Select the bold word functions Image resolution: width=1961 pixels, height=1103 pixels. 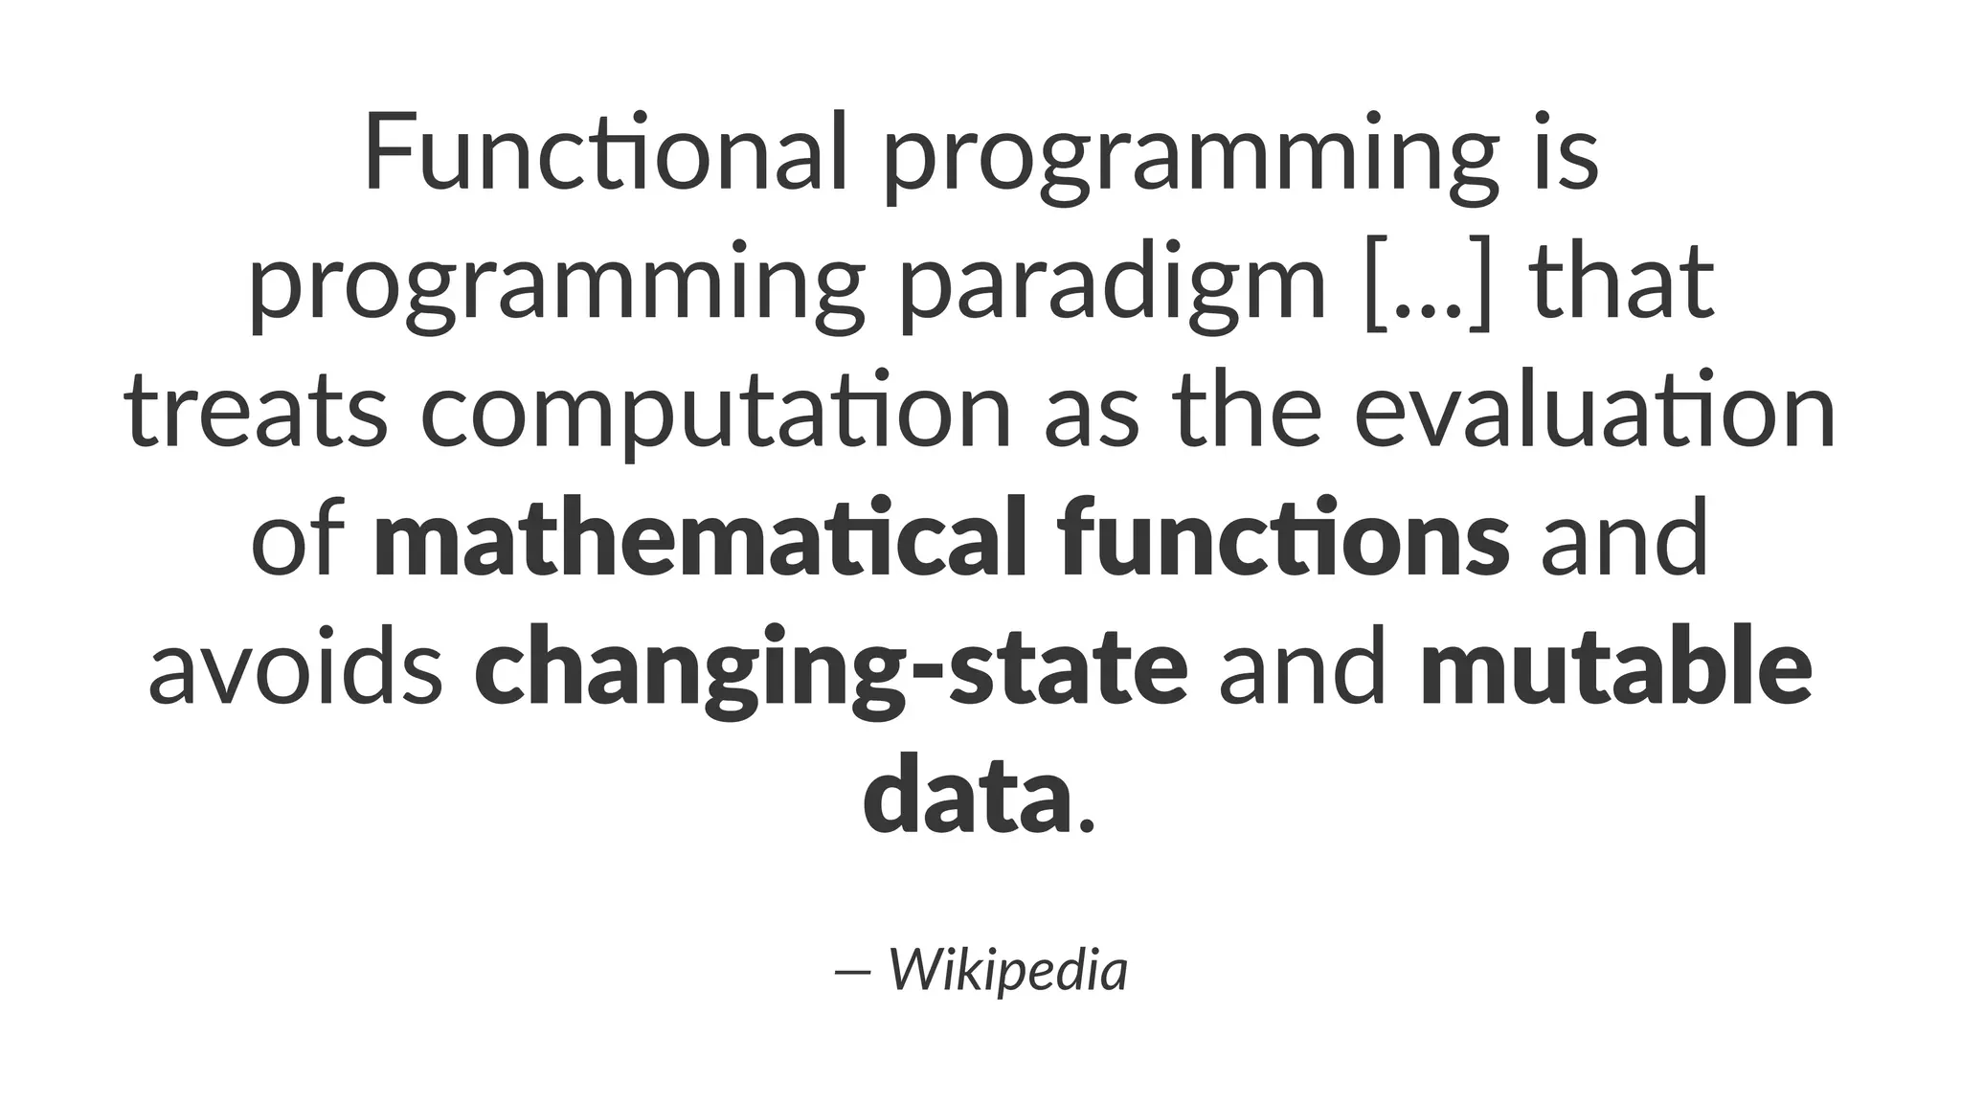click(x=1284, y=538)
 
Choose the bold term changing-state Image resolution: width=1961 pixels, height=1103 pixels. click(x=831, y=670)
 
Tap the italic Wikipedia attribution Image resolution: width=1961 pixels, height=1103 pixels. click(x=1008, y=971)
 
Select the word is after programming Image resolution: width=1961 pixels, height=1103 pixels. click(x=1567, y=153)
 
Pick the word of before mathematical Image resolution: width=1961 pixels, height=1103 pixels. click(x=297, y=540)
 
